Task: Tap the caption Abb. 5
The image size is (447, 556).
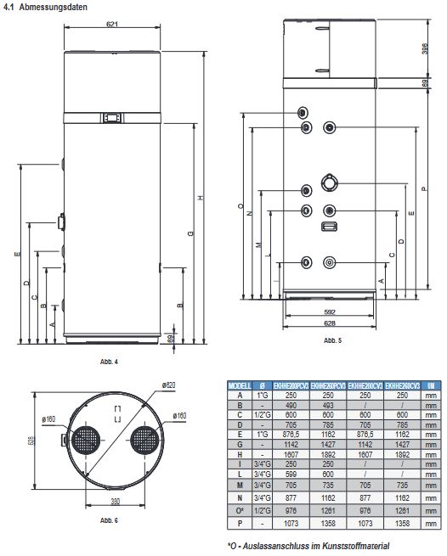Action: coord(332,340)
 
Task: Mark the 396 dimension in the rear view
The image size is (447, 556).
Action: coord(424,48)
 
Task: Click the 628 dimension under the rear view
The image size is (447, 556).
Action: coord(329,324)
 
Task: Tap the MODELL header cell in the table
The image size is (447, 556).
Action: coord(240,385)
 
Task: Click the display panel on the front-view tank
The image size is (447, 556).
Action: coord(113,117)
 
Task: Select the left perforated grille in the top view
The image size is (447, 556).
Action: coord(84,443)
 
